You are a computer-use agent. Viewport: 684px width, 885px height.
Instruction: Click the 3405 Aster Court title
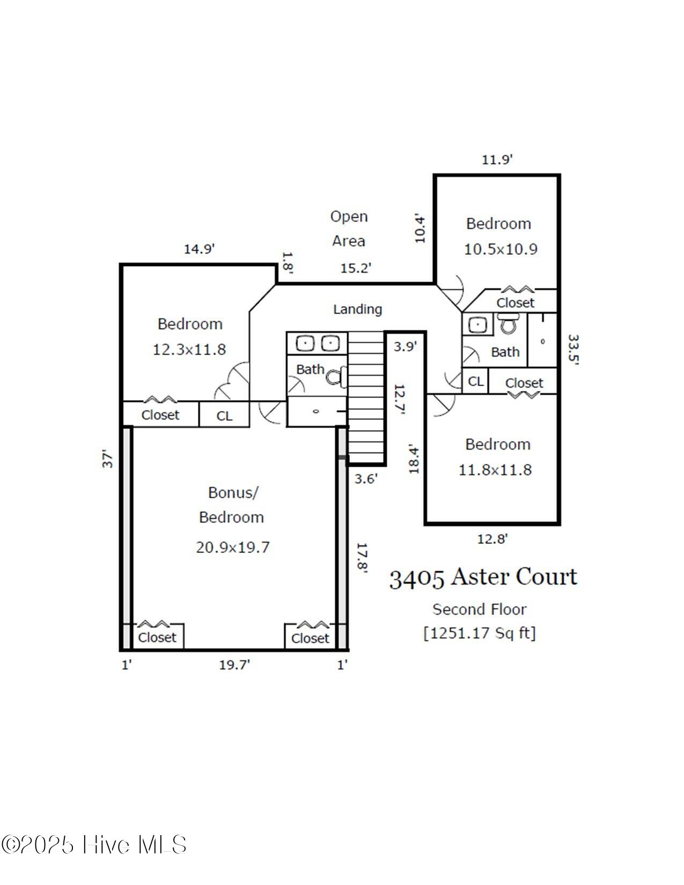coord(483,578)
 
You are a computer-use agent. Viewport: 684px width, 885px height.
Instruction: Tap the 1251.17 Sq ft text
coord(480,633)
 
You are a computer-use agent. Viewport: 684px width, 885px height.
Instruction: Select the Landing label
coord(357,309)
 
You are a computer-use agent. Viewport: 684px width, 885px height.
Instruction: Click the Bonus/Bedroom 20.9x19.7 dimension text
coord(232,547)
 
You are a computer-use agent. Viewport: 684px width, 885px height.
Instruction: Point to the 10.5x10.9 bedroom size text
coord(500,249)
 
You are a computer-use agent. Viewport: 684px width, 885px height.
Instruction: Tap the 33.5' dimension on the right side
coord(573,350)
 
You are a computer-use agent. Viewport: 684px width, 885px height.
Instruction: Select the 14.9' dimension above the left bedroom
coord(199,249)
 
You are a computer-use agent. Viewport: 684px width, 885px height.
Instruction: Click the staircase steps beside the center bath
coord(366,397)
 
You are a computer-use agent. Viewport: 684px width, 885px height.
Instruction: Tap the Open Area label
coord(349,228)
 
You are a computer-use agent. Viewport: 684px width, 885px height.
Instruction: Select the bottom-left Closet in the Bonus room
coord(157,637)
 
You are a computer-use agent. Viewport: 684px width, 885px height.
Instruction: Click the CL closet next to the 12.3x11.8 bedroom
coord(224,416)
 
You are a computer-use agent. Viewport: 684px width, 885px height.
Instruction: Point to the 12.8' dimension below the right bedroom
coord(492,539)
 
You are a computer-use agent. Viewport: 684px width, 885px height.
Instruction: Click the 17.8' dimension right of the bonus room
coord(362,558)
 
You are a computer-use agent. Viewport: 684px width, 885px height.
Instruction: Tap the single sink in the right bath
coord(477,325)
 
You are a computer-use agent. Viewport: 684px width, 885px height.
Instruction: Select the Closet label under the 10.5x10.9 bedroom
coord(515,303)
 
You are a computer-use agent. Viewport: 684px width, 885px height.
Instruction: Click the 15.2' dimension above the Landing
coord(356,268)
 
